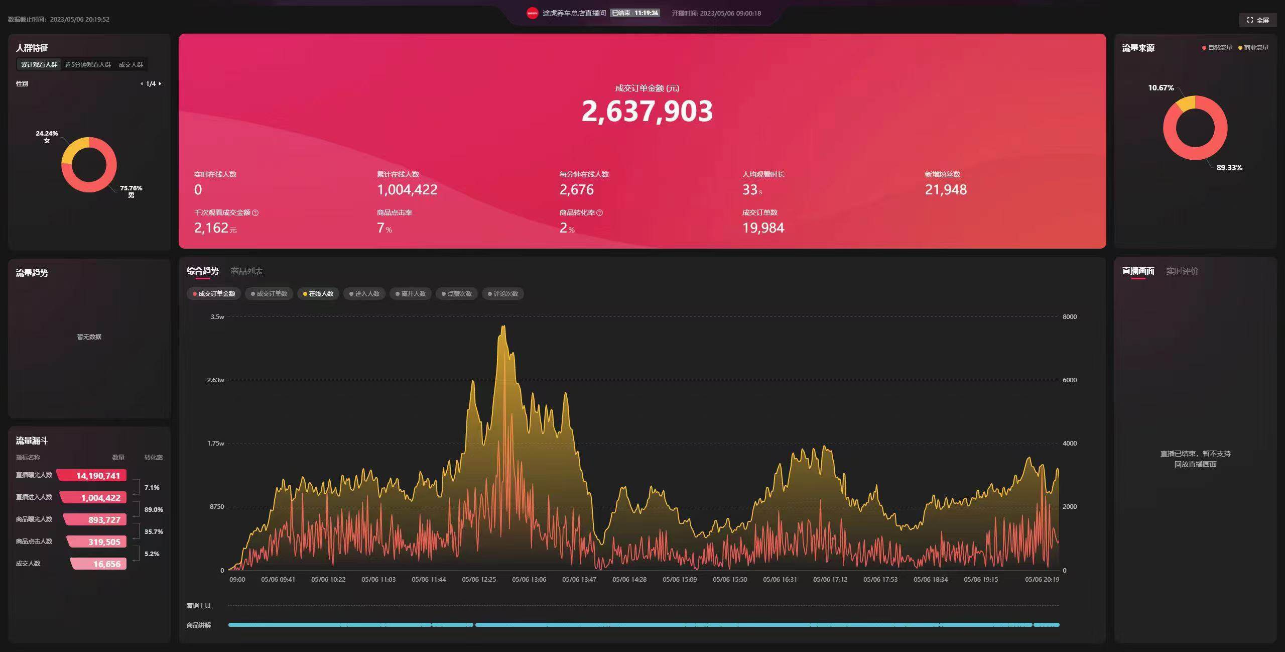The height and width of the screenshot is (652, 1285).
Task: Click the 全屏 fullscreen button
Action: pos(1258,20)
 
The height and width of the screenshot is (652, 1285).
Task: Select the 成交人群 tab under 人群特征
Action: pos(131,64)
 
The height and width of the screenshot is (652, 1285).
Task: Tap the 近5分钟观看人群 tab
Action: pos(88,64)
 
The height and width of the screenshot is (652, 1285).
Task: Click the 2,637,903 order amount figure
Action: pos(647,111)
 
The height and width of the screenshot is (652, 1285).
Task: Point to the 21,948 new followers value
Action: pos(946,190)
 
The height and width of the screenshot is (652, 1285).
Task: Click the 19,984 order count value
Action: pos(763,228)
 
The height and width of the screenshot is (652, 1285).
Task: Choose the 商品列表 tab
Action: pos(246,271)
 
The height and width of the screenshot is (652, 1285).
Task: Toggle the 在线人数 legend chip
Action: pos(318,294)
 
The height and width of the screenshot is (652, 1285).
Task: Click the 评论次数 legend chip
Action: pos(502,294)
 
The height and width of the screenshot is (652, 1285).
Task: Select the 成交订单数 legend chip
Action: pos(269,294)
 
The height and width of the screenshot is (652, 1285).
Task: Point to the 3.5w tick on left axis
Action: pos(217,317)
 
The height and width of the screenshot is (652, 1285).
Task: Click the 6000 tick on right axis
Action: pos(1069,380)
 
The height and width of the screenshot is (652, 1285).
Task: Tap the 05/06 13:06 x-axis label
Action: pos(529,580)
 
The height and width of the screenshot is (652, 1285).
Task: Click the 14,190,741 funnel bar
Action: pos(92,476)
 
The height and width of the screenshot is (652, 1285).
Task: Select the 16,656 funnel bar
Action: pos(99,564)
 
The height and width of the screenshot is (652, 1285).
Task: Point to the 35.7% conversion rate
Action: pos(154,532)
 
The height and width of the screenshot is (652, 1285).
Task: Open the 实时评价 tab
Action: pos(1182,271)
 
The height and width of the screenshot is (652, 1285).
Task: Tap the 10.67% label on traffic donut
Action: pos(1161,88)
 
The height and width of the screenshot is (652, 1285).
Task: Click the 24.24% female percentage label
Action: pos(47,134)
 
